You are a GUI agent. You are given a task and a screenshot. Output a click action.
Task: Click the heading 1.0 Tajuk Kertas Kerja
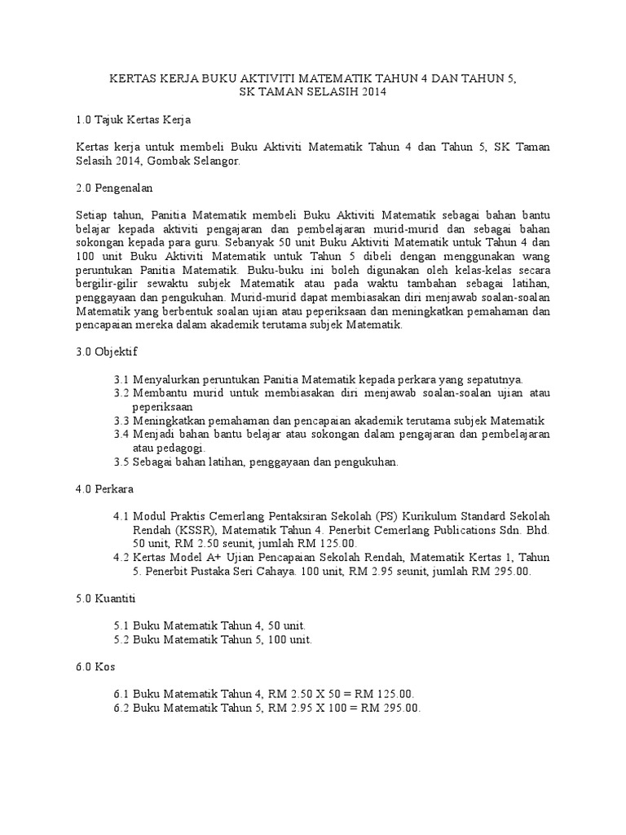133,120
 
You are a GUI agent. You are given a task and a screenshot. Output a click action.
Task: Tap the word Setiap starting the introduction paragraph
93,215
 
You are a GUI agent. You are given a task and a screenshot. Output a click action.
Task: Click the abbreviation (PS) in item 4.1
386,517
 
